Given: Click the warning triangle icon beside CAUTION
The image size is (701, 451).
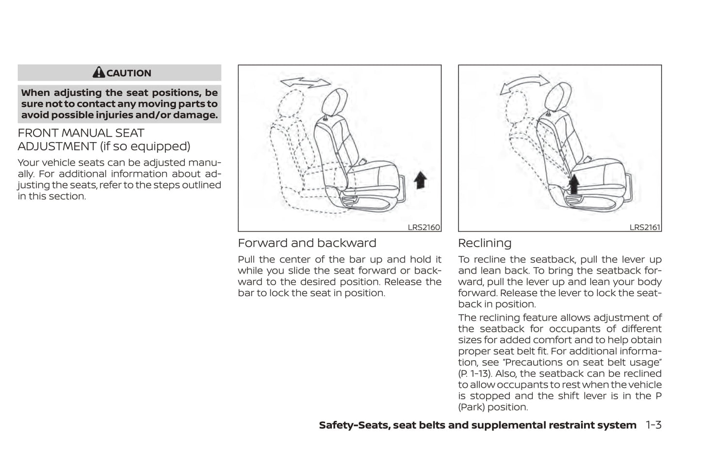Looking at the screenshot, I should coord(98,73).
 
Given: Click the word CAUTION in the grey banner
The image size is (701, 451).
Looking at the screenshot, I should coord(129,73).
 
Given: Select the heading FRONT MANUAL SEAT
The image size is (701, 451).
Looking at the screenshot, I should coord(81,133).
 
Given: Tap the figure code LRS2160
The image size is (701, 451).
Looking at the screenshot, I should coord(424,227).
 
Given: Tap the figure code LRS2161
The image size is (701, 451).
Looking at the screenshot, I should coord(645,227).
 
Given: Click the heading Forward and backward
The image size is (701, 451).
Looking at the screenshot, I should coord(307,243).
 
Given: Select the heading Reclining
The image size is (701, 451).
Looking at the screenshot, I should coord(484,243).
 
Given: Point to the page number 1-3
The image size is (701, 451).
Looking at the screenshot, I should coord(653,425).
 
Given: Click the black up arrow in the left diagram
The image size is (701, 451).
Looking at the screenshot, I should coord(420,180).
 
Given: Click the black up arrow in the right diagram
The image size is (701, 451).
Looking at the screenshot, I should coord(574,184).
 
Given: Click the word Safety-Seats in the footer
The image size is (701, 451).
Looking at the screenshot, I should coord(354,425).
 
